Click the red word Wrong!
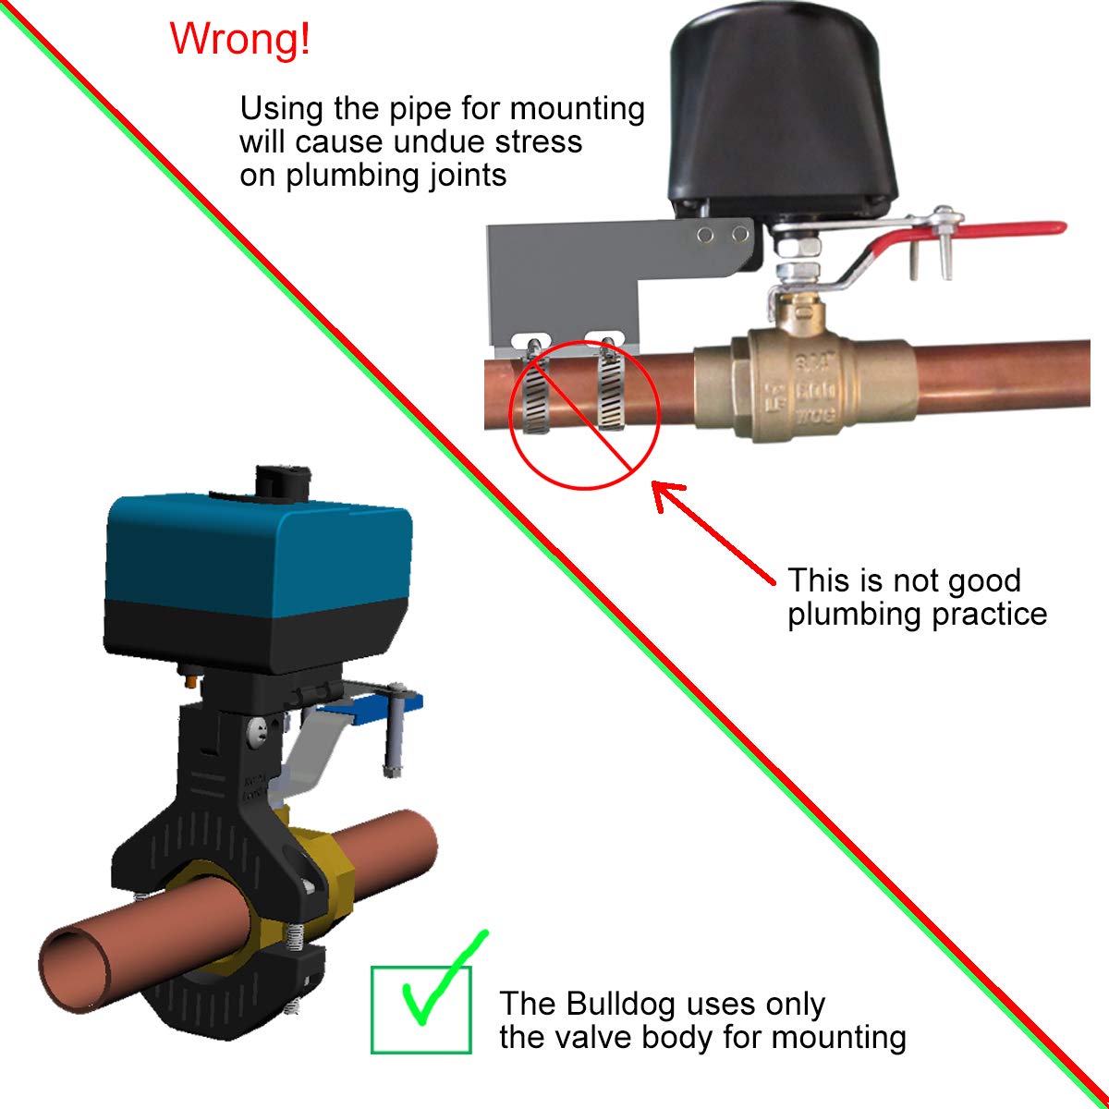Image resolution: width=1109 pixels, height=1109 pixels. click(240, 39)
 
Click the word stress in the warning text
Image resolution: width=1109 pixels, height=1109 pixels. click(538, 141)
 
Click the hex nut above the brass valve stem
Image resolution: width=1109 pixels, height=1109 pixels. click(794, 248)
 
